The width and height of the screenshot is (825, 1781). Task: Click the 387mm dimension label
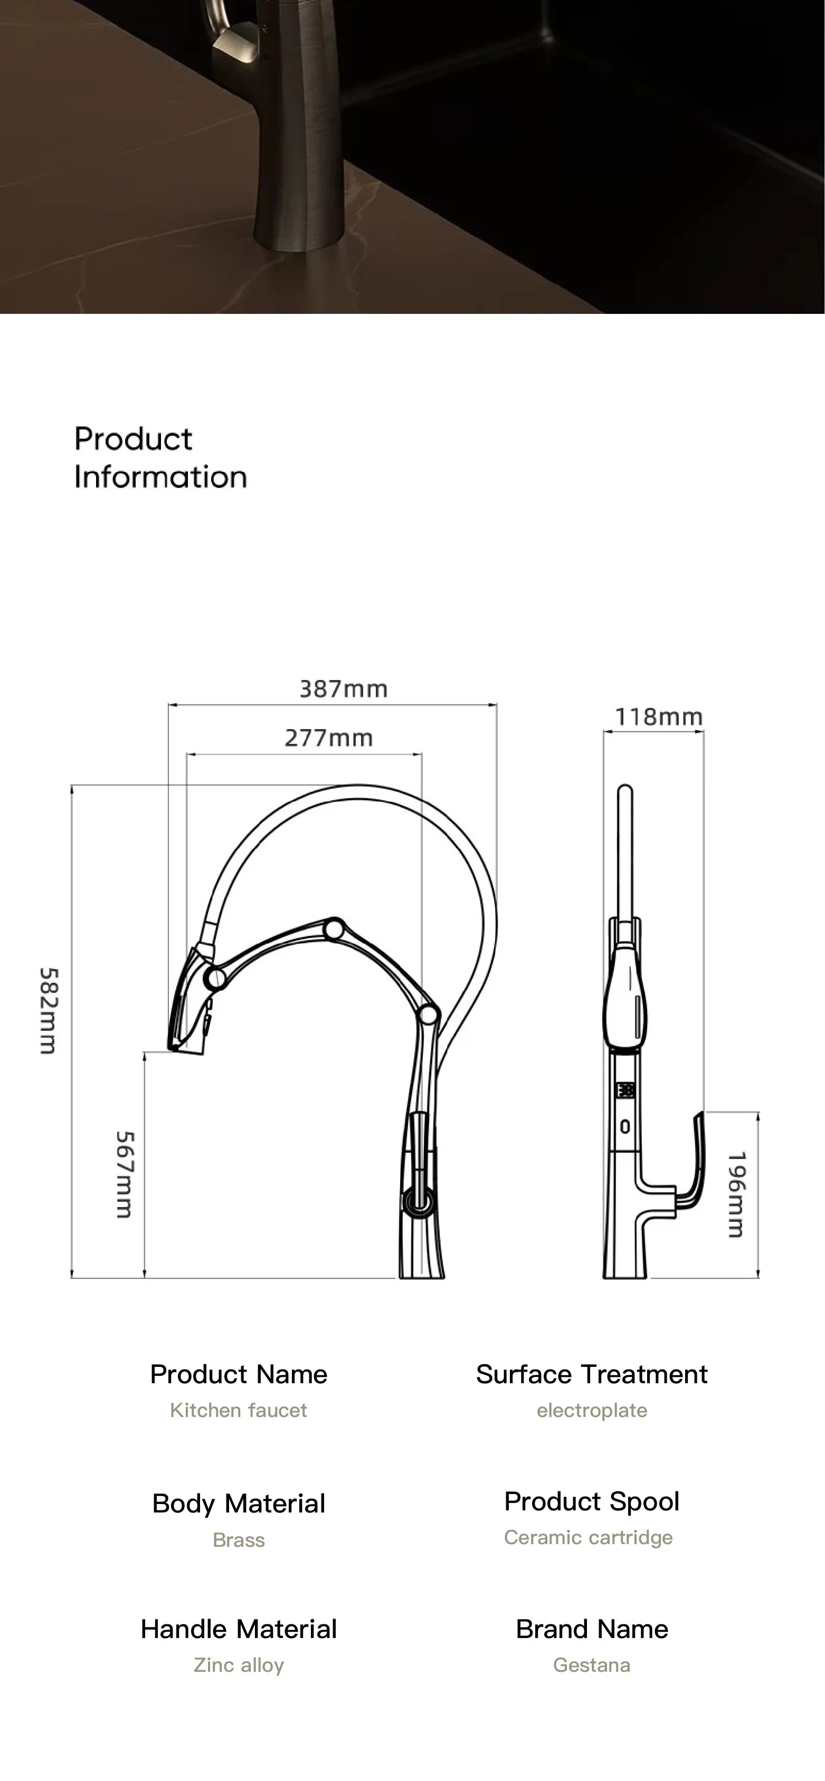pos(343,688)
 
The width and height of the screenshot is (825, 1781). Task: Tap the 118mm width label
pos(658,716)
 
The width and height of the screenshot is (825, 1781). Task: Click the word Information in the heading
pos(160,477)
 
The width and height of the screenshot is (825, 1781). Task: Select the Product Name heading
pos(239,1374)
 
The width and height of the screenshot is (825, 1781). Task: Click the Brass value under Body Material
pos(239,1540)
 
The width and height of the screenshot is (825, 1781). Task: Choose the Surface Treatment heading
pos(591,1374)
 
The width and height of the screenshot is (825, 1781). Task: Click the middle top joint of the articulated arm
pos(335,929)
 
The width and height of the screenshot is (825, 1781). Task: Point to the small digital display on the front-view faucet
pos(625,1090)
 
